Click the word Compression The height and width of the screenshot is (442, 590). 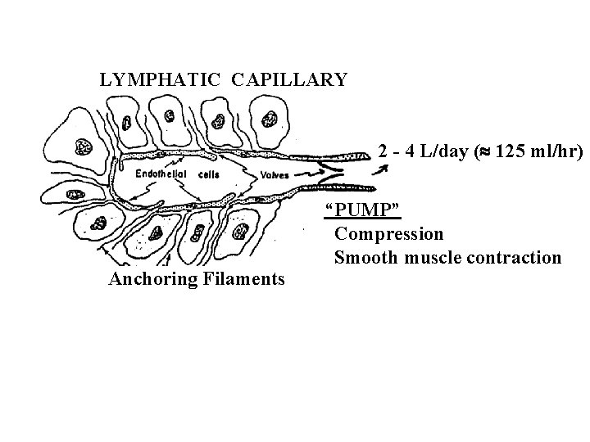click(x=389, y=234)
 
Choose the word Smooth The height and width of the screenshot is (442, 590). click(x=365, y=258)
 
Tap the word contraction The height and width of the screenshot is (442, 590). click(x=514, y=258)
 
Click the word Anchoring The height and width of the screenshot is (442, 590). click(x=148, y=280)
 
